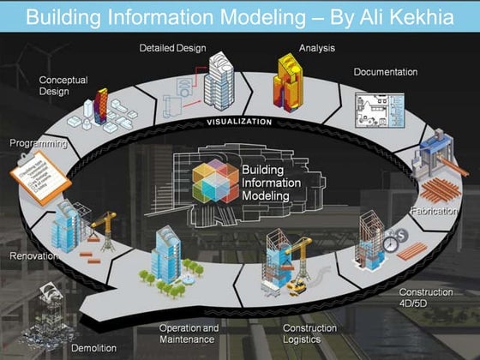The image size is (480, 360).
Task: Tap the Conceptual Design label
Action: [63, 85]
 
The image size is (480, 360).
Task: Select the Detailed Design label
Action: [172, 48]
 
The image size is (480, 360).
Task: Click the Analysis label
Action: [316, 48]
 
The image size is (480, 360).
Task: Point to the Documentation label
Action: [386, 72]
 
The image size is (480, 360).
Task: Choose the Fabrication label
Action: [434, 211]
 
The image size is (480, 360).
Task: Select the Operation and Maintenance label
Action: [189, 333]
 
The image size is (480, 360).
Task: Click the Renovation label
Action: [33, 255]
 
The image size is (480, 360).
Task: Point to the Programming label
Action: [38, 144]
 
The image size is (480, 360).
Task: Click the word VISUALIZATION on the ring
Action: [240, 122]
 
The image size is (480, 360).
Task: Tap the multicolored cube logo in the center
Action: [214, 182]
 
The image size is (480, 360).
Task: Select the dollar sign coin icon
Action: [400, 234]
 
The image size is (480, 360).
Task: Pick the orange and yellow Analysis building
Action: [290, 84]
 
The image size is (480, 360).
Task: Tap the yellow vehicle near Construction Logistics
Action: [297, 287]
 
